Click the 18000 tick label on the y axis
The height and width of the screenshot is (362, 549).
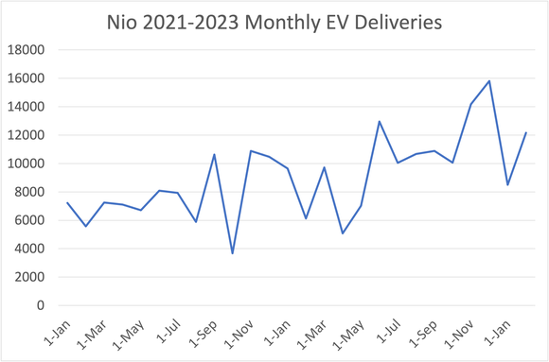click(x=29, y=50)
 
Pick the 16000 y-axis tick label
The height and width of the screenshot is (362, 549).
click(x=29, y=78)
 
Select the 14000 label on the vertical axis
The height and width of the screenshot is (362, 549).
click(x=29, y=107)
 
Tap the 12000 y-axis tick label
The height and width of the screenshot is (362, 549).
click(x=29, y=135)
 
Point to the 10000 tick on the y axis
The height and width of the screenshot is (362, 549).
click(x=29, y=164)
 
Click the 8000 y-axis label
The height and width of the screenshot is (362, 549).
click(x=32, y=192)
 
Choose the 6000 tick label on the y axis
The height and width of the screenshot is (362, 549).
click(x=32, y=220)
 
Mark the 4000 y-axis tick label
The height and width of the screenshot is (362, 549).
click(x=32, y=249)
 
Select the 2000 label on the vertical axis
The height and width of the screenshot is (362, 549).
click(x=32, y=277)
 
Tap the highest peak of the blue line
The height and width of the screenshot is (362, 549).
click(x=489, y=81)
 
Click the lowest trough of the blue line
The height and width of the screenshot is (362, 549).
click(x=233, y=253)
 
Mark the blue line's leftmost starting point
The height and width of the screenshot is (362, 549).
click(x=67, y=203)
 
